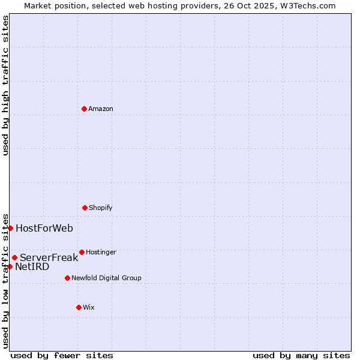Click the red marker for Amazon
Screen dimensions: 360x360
[84, 109]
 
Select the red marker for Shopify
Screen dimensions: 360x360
[85, 208]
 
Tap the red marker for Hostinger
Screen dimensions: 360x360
[82, 252]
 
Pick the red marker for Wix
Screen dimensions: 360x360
[79, 307]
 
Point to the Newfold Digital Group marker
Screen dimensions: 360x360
[67, 278]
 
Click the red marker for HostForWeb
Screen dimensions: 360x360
[10, 228]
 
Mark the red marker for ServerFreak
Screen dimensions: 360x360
[14, 257]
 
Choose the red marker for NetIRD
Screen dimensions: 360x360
[10, 266]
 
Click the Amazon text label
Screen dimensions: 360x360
[101, 109]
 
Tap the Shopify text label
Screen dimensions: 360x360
[101, 208]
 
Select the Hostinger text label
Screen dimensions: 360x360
[101, 253]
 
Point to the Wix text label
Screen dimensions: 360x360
[89, 308]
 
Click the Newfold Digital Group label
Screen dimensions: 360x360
[106, 278]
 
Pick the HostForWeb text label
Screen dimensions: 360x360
[44, 228]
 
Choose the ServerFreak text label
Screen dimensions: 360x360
[49, 258]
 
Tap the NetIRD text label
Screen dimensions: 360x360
[32, 267]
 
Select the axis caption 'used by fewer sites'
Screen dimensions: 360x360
[62, 355]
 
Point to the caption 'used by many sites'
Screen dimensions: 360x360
[301, 355]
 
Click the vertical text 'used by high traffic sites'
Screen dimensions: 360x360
[5, 85]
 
